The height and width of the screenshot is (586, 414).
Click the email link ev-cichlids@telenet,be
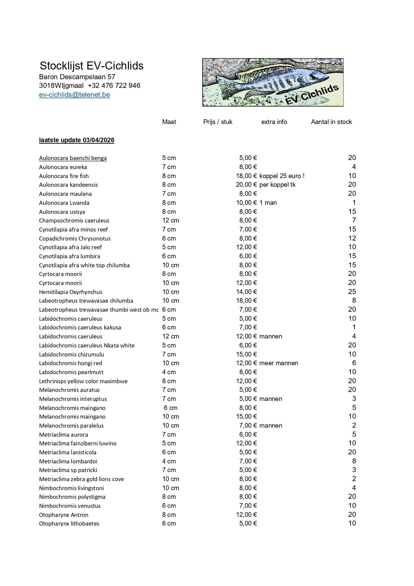(x=74, y=95)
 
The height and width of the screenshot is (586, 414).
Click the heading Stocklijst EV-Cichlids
(x=91, y=65)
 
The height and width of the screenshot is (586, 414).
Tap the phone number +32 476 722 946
(x=114, y=86)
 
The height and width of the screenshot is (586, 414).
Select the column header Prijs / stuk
(x=218, y=122)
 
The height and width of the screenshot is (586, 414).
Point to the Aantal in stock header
(x=331, y=122)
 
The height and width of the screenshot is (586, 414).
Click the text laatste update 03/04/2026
(x=76, y=140)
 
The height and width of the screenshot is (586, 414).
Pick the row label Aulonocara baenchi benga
(x=73, y=158)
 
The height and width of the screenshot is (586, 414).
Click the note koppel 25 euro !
(x=282, y=176)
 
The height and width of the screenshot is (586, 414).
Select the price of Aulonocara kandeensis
(x=246, y=185)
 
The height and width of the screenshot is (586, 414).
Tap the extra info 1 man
(x=268, y=203)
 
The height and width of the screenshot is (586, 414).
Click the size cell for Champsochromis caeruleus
(x=171, y=221)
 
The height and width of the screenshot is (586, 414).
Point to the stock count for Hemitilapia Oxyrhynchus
(x=352, y=292)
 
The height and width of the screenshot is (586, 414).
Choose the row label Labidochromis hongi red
(x=70, y=363)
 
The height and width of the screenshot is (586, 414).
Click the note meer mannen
(x=278, y=363)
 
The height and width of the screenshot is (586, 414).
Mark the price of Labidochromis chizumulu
(x=246, y=354)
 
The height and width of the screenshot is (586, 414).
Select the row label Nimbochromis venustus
(x=70, y=506)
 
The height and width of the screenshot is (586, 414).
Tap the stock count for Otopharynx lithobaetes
(x=352, y=524)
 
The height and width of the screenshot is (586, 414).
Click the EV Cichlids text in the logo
(x=312, y=95)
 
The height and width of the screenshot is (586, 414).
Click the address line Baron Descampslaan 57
(x=77, y=77)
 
